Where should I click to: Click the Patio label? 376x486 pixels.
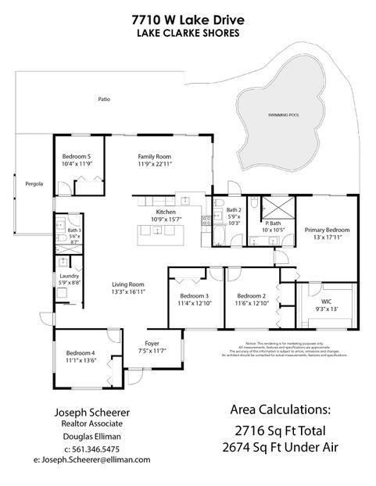pos(103,99)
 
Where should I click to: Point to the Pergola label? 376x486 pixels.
pos(34,184)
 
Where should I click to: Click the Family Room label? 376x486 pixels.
pos(153,155)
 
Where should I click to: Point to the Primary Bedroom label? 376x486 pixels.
pos(327,230)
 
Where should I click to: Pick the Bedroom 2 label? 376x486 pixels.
pos(252,296)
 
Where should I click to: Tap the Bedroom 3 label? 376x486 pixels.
pos(194,296)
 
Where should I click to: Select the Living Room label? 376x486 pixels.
pos(128,284)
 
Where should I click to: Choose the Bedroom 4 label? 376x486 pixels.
pos(80,354)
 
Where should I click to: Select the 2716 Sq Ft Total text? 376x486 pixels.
pos(280,430)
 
